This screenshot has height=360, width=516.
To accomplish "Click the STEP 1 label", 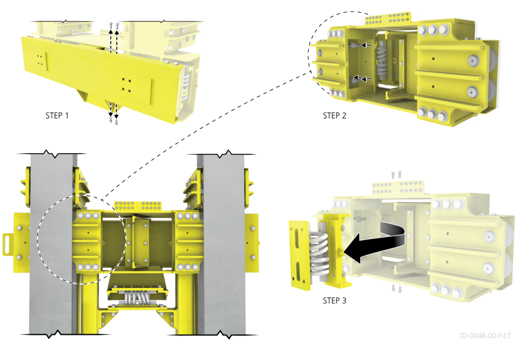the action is coord(57,115).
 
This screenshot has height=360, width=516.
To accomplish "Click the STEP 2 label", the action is coord(335,115).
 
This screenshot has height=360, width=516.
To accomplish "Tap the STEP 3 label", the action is coord(335,301).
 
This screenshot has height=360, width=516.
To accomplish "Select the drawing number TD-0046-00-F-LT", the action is coord(485,336).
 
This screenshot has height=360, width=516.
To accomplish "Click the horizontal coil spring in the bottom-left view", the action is coord(137,298).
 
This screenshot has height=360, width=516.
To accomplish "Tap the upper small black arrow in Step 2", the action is coord(366,45).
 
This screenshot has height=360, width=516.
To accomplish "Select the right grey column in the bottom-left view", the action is coord(222,243).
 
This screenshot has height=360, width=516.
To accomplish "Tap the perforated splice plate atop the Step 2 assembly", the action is coord(388,19).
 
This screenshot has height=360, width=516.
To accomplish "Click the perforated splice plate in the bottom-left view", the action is coord(138,206).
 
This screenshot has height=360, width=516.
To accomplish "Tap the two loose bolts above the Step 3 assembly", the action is coord(396,174).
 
